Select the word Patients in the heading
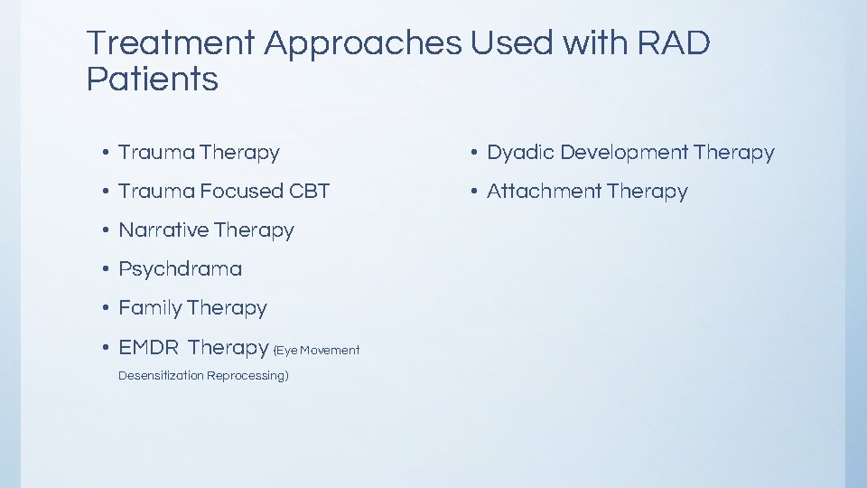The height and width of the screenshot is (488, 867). [x=152, y=80]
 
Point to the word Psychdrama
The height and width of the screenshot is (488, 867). [x=181, y=269]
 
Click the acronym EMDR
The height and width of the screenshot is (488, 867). [x=149, y=348]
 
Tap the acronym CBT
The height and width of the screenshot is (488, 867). [x=310, y=192]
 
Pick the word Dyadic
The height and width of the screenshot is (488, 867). [x=520, y=153]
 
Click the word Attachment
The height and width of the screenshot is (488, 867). [x=544, y=192]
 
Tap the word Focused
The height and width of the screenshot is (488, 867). [x=242, y=192]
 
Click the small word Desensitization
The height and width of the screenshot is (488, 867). [x=160, y=375]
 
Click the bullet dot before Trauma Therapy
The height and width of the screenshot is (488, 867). [x=107, y=154]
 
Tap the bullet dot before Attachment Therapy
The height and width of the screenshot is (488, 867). [x=475, y=192]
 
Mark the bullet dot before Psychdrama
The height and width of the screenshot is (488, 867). [x=107, y=269]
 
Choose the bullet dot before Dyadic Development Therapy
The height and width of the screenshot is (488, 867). [x=475, y=154]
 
